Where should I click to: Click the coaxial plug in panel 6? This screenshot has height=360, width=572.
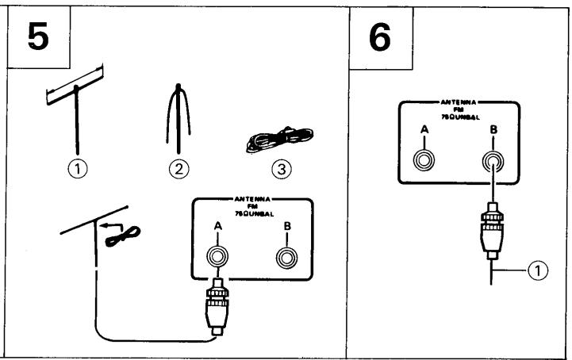[x=493, y=230]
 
